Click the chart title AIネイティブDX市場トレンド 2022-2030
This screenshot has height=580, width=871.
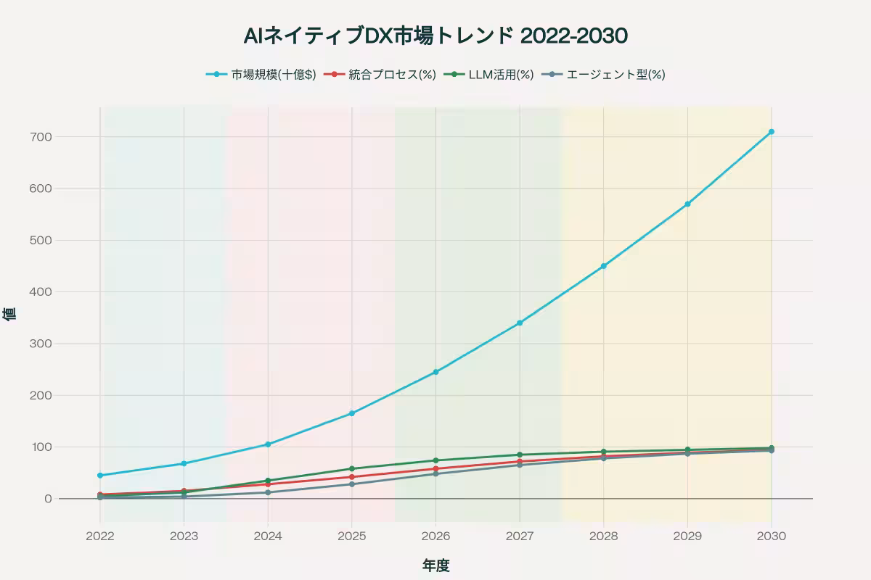click(x=435, y=36)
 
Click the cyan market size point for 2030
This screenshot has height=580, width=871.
click(x=771, y=132)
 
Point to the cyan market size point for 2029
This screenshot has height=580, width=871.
click(x=687, y=204)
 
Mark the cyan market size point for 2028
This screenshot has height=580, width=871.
click(x=603, y=266)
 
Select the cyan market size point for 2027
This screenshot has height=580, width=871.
click(x=520, y=323)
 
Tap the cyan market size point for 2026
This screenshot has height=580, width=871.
click(x=435, y=372)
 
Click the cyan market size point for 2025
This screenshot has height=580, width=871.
click(x=352, y=413)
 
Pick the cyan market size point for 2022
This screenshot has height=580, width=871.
click(x=100, y=476)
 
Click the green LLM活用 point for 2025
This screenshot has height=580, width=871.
click(x=352, y=468)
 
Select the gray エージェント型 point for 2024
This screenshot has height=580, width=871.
click(x=268, y=492)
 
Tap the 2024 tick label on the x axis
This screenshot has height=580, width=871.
click(x=268, y=536)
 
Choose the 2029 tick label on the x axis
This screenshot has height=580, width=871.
click(x=687, y=536)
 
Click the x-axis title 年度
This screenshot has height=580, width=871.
click(x=435, y=565)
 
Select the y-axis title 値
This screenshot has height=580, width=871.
click(x=9, y=314)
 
